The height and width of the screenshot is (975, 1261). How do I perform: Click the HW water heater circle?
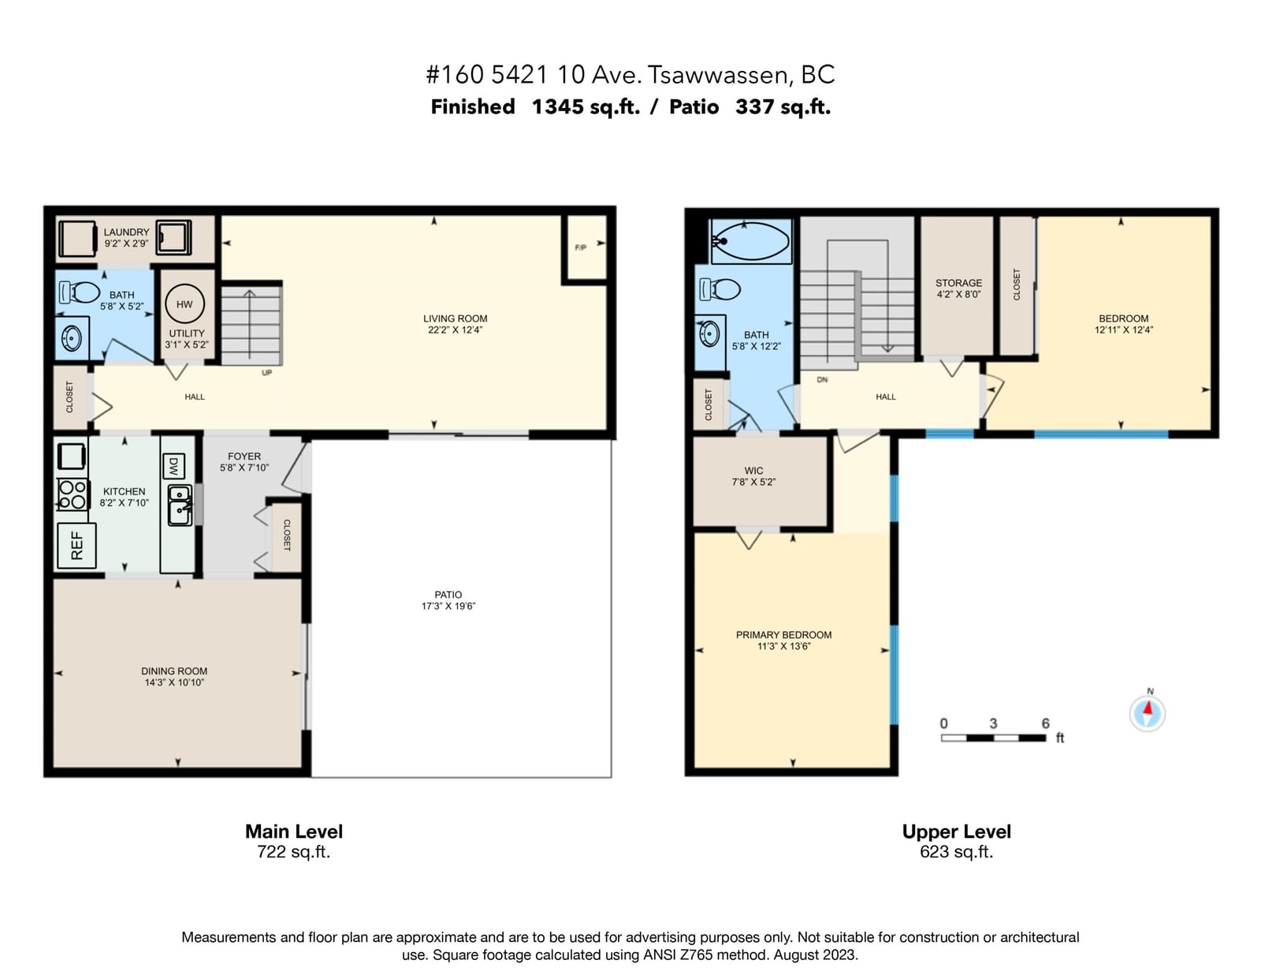pyautogui.click(x=184, y=303)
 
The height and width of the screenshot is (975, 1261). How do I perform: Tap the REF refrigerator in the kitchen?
pyautogui.click(x=76, y=545)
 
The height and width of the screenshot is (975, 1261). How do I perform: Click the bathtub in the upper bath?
pyautogui.click(x=751, y=241)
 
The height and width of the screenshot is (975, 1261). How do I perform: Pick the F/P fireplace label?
pyautogui.click(x=580, y=247)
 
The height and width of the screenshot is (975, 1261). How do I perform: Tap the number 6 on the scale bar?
pyautogui.click(x=1045, y=723)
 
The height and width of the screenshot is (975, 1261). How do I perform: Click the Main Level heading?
pyautogui.click(x=294, y=831)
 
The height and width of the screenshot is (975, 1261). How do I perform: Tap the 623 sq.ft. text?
pyautogui.click(x=956, y=851)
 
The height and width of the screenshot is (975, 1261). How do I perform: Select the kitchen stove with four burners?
pyautogui.click(x=73, y=494)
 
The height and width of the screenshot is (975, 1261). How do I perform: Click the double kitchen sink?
pyautogui.click(x=180, y=505)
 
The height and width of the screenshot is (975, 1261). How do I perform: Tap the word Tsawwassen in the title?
pyautogui.click(x=717, y=75)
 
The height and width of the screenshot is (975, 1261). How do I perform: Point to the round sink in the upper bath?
pyautogui.click(x=709, y=333)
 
